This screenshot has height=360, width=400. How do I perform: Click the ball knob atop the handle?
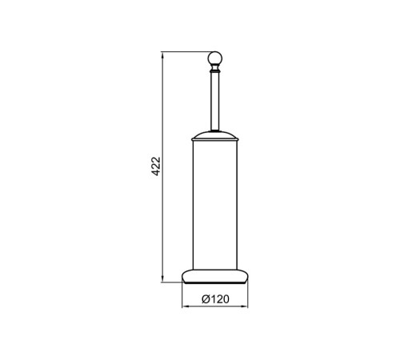pos(214,58)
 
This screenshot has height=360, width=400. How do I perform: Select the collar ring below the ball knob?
pos(215,71)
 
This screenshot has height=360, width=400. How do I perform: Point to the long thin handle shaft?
pos(215,102)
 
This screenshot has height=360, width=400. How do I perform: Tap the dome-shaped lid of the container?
pos(214,135)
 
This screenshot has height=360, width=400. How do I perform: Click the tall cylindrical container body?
pos(214,205)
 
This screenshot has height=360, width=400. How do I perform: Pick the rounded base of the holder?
pos(214,277)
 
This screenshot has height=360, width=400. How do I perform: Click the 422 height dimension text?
pos(156,166)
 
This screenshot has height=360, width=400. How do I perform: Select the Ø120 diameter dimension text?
pos(215,299)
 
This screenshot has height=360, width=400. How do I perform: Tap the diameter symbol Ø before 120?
pos(206,299)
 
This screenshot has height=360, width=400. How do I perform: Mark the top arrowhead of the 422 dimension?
pos(162,54)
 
